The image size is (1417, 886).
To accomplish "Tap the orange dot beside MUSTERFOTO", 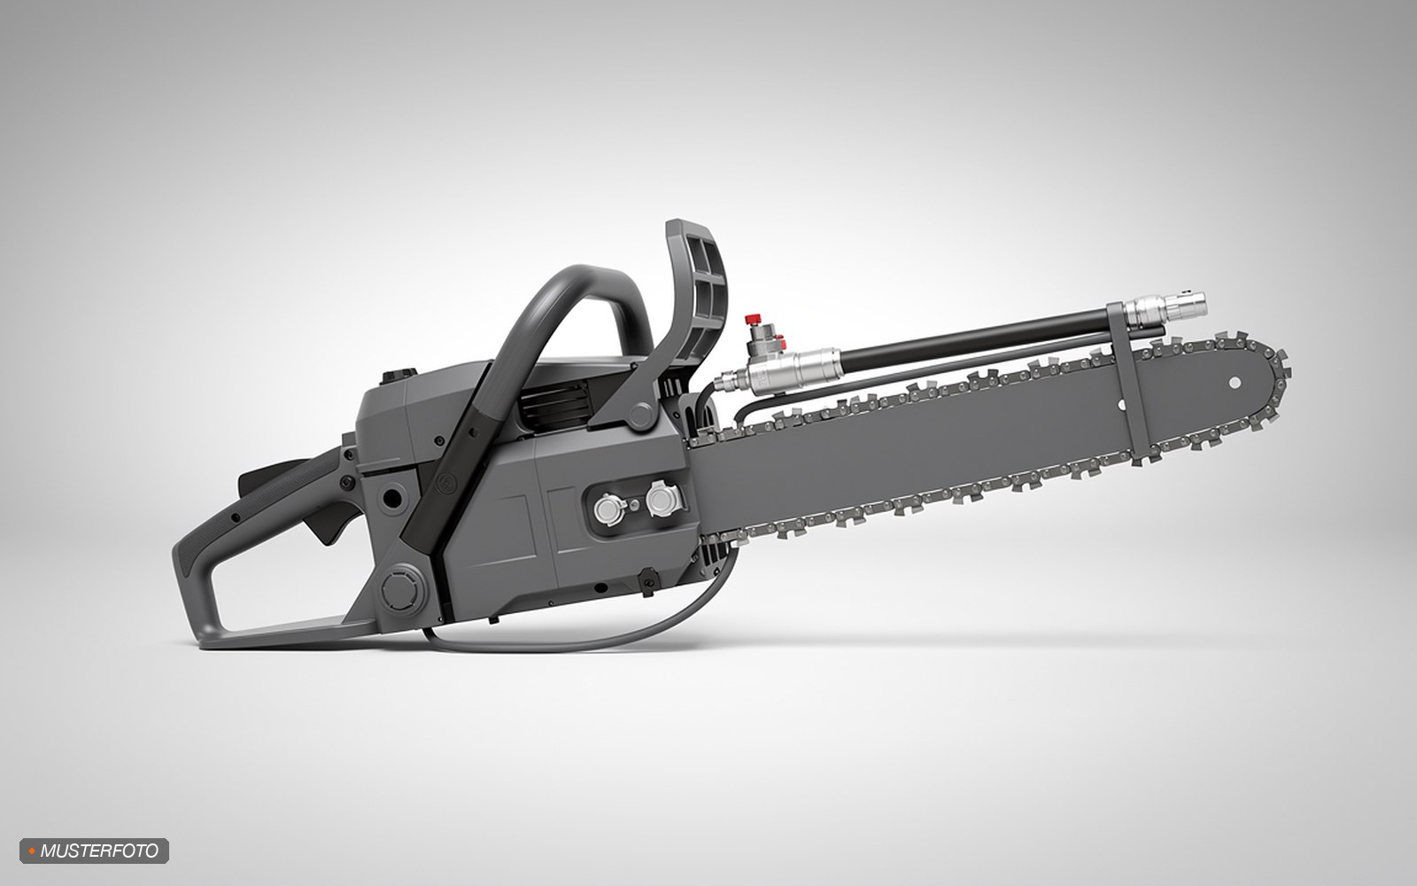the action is (x=32, y=851).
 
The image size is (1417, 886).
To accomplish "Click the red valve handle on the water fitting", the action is (x=753, y=318).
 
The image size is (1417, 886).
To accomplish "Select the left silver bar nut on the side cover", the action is (x=609, y=509).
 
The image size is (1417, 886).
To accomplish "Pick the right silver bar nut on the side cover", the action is (x=662, y=500).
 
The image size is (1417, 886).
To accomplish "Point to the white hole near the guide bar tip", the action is (x=1235, y=383).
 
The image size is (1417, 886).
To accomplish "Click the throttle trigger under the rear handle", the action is (x=328, y=520).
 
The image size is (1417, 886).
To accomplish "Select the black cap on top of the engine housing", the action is (x=399, y=376).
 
